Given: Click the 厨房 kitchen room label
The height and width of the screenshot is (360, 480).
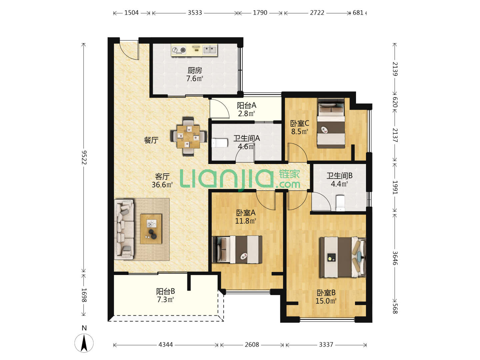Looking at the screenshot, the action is pos(194,70).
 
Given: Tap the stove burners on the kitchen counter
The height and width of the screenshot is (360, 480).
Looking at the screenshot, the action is pos(179,50).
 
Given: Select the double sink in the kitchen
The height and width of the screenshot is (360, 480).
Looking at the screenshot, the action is pos(210,50).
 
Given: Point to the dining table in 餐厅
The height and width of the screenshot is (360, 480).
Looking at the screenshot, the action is pos(188,137).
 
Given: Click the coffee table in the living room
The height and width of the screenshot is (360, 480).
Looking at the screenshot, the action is pos(151,229).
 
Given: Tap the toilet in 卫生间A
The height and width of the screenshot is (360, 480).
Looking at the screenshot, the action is pos(220,143).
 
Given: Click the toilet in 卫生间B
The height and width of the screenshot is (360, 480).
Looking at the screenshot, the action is pos(340,203).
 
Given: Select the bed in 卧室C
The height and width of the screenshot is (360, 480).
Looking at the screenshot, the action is pos(331,123).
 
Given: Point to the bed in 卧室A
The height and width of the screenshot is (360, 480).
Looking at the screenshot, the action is pos(237,249).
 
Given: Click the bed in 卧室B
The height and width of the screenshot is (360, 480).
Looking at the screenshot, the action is pos(342,257).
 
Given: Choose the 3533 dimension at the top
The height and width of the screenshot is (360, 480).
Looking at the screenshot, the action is pos(195,13).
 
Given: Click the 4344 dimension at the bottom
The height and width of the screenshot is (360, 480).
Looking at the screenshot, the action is pos(166,345).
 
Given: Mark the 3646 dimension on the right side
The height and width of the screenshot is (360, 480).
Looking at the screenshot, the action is pos(395,258).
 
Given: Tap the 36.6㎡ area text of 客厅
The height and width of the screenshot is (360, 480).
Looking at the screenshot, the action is pos(162,185).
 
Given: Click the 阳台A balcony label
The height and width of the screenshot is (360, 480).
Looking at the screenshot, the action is pos(246,106).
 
